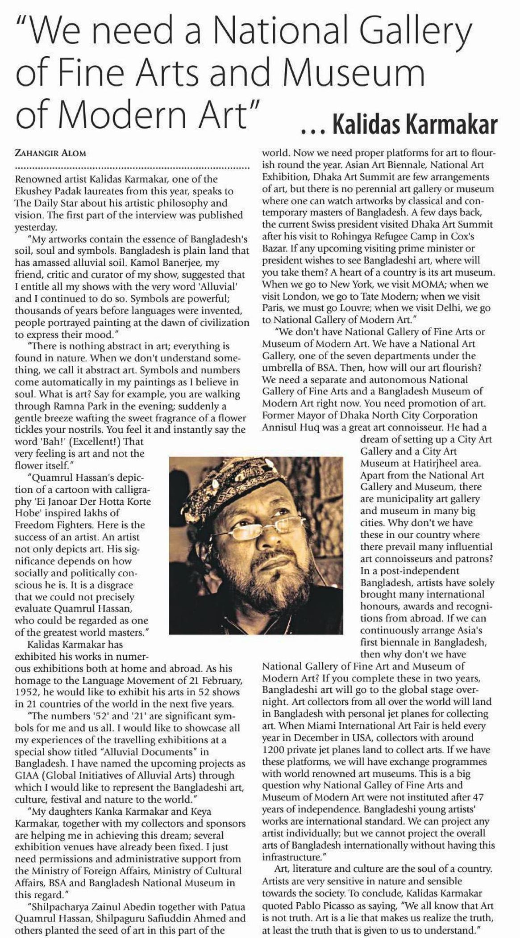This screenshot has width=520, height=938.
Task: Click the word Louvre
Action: (x=350, y=308)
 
